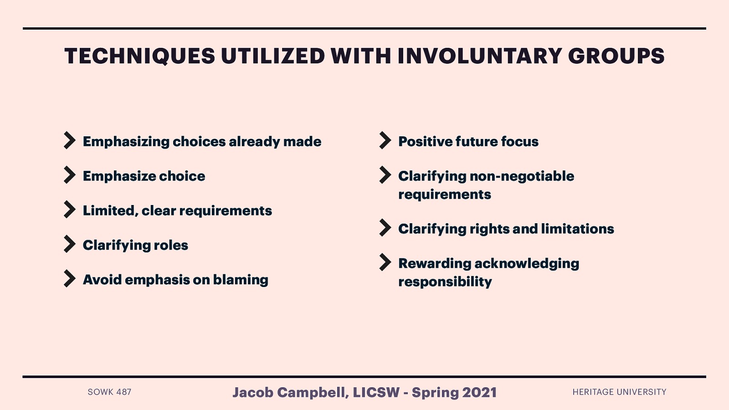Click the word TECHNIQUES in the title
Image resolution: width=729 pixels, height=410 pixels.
(139, 56)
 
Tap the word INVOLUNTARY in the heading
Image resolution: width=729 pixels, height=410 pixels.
(479, 56)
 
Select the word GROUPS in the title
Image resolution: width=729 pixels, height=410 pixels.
(616, 56)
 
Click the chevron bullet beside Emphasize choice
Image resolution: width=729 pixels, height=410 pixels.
(69, 175)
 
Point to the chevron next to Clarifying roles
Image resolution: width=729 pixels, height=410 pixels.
(69, 244)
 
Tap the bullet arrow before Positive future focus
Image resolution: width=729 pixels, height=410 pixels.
(385, 140)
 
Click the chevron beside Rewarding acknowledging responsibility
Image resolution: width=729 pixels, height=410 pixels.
(385, 262)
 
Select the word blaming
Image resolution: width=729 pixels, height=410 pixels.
(241, 280)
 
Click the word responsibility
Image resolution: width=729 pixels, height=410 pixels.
(445, 282)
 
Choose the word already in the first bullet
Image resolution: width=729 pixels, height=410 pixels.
(254, 141)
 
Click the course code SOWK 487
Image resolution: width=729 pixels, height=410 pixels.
(109, 392)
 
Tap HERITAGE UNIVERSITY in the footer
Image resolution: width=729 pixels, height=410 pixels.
(619, 392)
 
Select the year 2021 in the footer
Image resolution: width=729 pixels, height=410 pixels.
(479, 392)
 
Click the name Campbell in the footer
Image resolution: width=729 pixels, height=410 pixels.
(313, 392)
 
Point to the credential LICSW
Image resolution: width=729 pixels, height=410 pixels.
(376, 392)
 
